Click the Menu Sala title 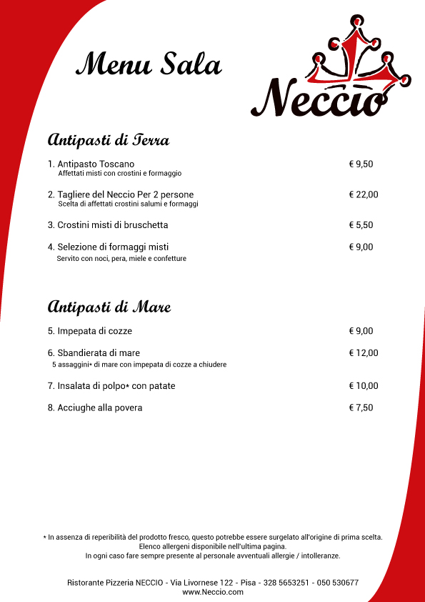[x=149, y=64]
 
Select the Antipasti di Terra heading [x=108, y=139]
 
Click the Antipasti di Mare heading [x=109, y=307]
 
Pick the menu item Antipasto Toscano [x=91, y=164]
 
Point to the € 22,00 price [x=364, y=194]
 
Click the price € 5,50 [x=361, y=224]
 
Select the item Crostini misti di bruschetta [x=108, y=224]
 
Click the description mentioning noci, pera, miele [x=121, y=258]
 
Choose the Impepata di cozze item [x=90, y=331]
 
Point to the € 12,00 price [x=364, y=352]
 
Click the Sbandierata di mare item [x=94, y=352]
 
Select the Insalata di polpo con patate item [x=111, y=386]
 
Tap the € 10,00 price [x=364, y=386]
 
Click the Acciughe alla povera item [x=95, y=408]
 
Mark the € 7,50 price [x=361, y=408]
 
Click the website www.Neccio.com [x=213, y=592]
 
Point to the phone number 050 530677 [x=336, y=583]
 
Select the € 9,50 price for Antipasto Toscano [x=361, y=164]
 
